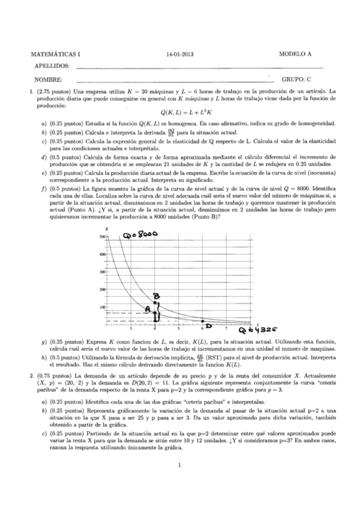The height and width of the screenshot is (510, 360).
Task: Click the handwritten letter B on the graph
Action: tap(156, 296)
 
